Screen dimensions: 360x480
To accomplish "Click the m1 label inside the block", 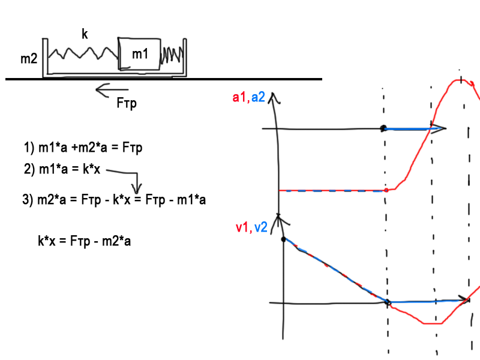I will pos(140,54).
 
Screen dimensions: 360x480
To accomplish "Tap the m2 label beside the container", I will pos(29,59).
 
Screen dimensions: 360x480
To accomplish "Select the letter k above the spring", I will pos(85,35).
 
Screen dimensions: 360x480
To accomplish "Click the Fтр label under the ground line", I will pos(127,103).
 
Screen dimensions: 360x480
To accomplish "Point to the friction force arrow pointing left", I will pos(111,91).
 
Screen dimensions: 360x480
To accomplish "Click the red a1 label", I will pos(239,97).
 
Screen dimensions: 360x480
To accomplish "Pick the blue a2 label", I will pos(258,97).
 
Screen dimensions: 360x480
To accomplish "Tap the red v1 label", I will pos(242,227).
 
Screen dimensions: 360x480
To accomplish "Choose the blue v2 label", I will pos(260,227).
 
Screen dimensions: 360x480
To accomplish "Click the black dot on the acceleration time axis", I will pos(383,128).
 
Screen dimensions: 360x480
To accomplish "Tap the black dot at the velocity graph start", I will pos(283,239).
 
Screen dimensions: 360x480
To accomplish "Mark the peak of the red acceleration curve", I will pos(460,79).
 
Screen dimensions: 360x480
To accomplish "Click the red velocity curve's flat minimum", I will pos(433,323).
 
